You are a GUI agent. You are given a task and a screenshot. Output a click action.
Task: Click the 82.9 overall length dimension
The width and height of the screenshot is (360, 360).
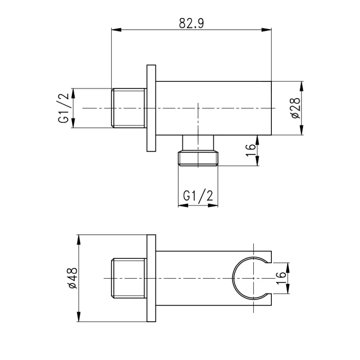tap(191, 23)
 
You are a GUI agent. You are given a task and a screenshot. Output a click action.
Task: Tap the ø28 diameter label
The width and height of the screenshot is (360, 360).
tap(296, 108)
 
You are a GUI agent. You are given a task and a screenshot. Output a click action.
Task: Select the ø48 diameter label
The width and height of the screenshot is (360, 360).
tap(72, 278)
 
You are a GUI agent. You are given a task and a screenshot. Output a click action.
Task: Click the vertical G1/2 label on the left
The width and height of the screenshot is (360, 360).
tap(63, 108)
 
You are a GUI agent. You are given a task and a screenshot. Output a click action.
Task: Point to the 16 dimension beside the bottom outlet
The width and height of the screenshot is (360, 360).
tap(251, 150)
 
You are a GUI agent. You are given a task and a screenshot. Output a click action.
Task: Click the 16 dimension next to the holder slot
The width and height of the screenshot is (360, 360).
tap(280, 278)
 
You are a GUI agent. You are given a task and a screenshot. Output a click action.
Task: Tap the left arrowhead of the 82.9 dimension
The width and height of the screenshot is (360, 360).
tap(116, 30)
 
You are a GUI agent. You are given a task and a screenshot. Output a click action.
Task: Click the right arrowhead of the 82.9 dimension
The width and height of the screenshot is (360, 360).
tap(266, 30)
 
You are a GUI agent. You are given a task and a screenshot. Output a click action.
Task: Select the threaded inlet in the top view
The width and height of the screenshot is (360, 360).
tap(129, 108)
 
